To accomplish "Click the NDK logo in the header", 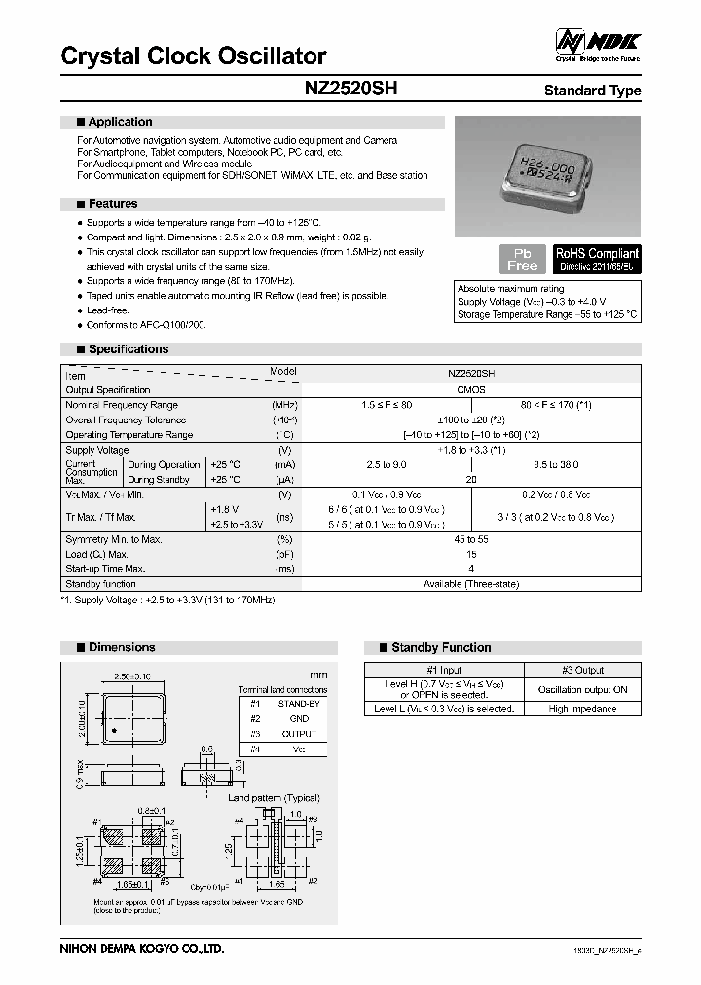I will click(x=598, y=41).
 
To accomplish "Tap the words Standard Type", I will click(x=592, y=91).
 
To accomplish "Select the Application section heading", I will click(x=120, y=122).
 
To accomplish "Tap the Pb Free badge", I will click(x=522, y=259).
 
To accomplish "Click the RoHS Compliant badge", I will click(x=597, y=258).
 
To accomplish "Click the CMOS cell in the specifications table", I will click(x=471, y=389).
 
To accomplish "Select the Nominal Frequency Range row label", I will click(x=122, y=405).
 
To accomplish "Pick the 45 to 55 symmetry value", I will click(x=471, y=539).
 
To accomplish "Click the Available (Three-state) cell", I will click(x=471, y=584).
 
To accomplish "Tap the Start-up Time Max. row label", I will click(x=105, y=569).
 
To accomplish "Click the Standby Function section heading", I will click(x=441, y=647).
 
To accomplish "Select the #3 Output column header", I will click(x=582, y=670).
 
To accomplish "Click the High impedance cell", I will click(x=582, y=709).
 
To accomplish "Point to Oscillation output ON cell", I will click(x=582, y=689).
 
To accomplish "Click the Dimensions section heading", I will click(x=121, y=647).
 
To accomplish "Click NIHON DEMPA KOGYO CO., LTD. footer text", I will click(x=142, y=948).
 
